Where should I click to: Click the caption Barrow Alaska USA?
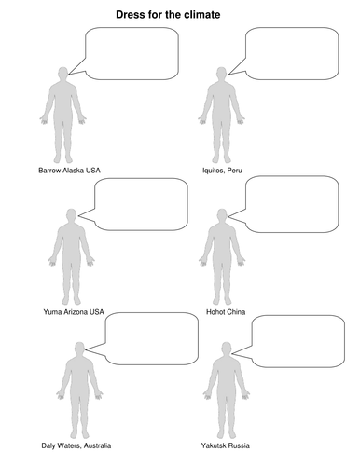[70, 171]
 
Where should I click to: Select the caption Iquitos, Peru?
[223, 171]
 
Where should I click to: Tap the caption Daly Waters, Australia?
[73, 446]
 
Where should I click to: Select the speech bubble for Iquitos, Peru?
[291, 51]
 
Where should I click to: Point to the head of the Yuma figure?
[72, 217]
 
